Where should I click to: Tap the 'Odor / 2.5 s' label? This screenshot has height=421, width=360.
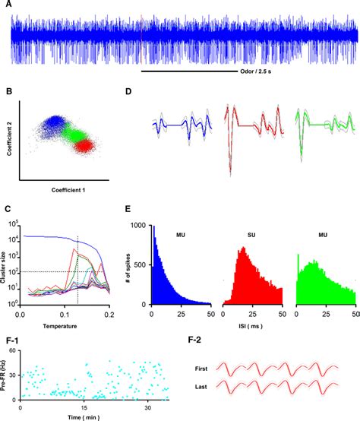pos(257,73)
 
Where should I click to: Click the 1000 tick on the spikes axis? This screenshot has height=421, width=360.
pos(140,225)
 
